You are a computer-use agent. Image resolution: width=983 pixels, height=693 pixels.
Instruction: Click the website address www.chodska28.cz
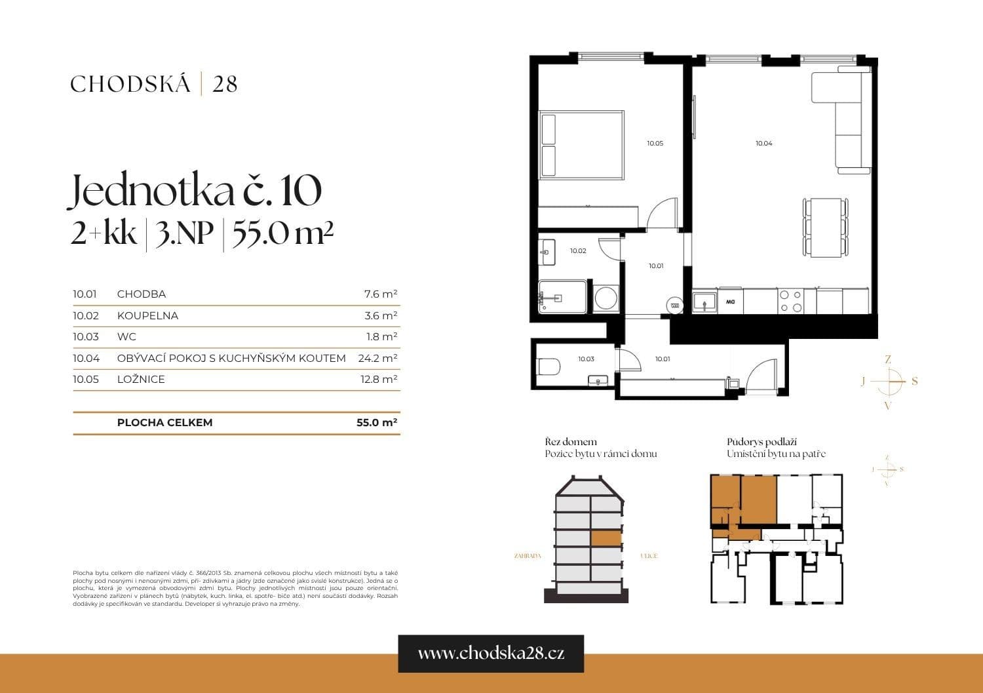[491, 653]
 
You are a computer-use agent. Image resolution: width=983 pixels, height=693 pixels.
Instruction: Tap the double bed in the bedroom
[581, 145]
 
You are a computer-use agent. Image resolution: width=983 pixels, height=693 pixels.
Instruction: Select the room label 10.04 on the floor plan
[763, 143]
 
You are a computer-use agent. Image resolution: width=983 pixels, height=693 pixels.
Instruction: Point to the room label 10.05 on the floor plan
[655, 143]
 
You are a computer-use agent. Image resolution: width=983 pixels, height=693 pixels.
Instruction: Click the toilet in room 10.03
[547, 368]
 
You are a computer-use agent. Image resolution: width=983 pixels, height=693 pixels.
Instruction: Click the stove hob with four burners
[790, 301]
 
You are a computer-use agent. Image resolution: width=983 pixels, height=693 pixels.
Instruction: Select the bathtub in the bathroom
[562, 298]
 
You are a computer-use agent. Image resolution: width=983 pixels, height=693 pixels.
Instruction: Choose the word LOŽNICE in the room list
[141, 379]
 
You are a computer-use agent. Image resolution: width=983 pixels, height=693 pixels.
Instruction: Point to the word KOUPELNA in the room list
[147, 315]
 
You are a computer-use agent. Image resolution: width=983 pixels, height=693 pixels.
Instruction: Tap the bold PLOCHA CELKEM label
[164, 422]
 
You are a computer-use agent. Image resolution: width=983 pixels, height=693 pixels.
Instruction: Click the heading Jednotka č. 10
[195, 191]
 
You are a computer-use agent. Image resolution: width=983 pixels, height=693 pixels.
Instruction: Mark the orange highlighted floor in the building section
[606, 538]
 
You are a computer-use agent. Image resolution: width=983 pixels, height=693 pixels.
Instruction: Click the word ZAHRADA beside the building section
[528, 556]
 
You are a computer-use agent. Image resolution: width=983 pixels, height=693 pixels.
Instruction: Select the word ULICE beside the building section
[648, 556]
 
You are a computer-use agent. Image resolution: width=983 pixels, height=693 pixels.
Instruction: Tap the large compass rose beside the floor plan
[888, 382]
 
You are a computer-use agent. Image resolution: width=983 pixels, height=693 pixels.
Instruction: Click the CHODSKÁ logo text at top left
[130, 84]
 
